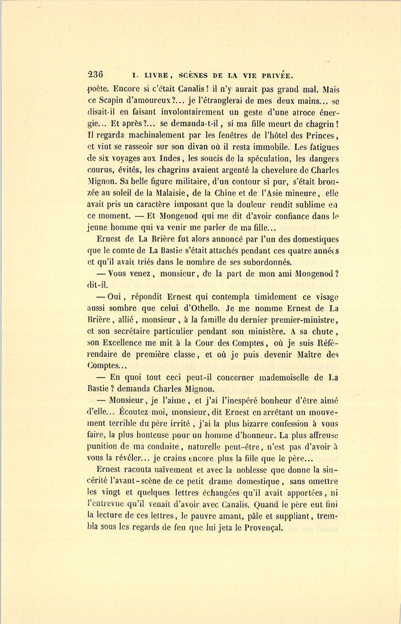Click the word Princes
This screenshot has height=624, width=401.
click(x=319, y=135)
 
